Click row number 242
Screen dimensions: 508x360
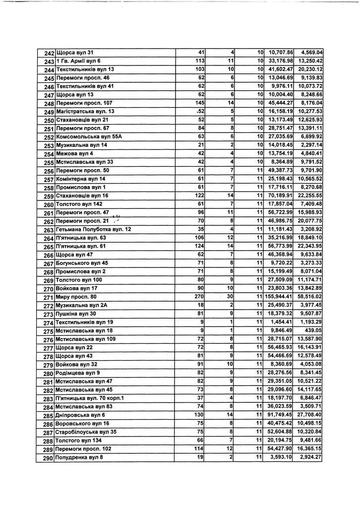pos(49,53)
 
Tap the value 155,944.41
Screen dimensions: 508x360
pos(280,297)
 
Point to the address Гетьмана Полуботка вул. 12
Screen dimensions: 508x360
pos(94,230)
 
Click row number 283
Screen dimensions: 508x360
pos(49,399)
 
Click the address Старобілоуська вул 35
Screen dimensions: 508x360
pos(87,432)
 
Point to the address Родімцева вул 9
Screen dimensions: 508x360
pos(78,373)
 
